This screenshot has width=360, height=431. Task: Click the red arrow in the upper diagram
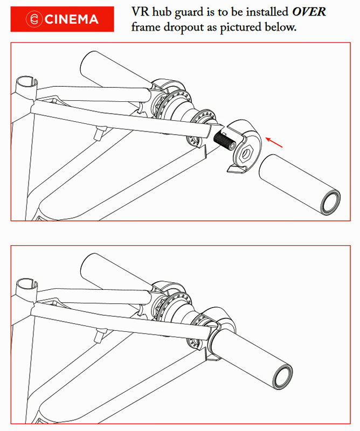274,142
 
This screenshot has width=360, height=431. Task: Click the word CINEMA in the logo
71,19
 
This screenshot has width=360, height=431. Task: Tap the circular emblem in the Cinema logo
34,19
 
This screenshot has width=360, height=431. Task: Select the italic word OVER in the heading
309,12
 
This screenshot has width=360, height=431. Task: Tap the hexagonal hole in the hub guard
246,155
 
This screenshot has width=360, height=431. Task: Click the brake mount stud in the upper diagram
99,133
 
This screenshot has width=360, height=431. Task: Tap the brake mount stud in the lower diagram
99,335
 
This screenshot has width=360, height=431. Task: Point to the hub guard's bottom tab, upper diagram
236,169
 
